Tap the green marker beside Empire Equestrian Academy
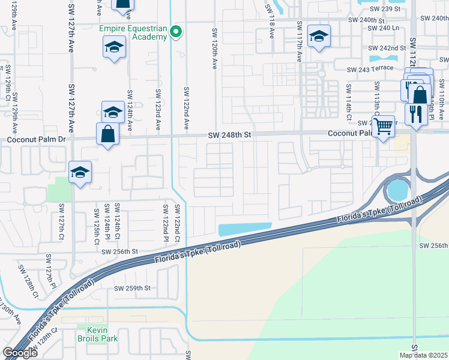coord(176,32)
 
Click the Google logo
coord(20,353)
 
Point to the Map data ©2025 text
coord(424,355)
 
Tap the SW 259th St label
coord(132,288)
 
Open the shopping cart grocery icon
coord(383,125)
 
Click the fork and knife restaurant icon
coord(415,112)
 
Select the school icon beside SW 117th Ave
coord(318,36)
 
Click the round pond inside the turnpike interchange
coord(397,191)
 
